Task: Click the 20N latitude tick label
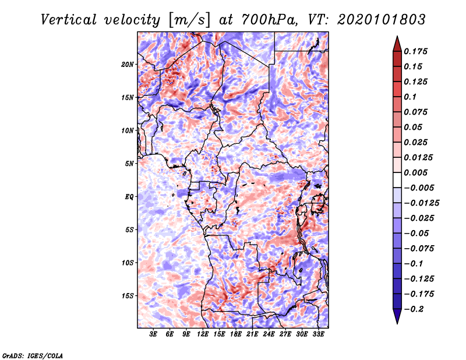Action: click(127, 65)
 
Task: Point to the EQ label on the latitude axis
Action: click(129, 197)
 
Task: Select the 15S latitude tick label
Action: click(127, 296)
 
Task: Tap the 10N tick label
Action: click(127, 130)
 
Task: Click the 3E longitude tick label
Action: click(153, 334)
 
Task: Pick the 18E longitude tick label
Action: click(236, 334)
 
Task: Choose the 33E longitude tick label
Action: click(318, 334)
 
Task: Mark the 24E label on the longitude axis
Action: click(269, 334)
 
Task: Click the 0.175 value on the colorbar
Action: click(416, 51)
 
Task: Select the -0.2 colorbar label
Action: click(414, 309)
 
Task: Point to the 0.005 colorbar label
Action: click(416, 172)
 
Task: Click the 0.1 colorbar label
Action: click(411, 97)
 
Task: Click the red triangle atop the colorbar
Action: click(397, 44)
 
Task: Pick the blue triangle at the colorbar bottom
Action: click(397, 316)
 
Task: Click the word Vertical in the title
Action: click(69, 20)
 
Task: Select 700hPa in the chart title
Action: click(269, 20)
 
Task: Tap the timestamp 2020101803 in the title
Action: click(382, 20)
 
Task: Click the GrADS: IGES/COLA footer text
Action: click(33, 356)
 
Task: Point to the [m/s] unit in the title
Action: click(189, 20)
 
